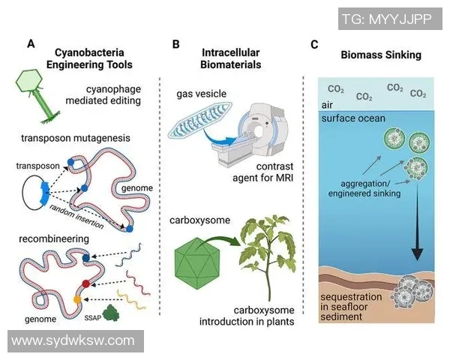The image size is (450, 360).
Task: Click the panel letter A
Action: (x=31, y=44)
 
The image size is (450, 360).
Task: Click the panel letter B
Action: (x=175, y=44)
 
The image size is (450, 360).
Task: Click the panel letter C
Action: (x=315, y=44)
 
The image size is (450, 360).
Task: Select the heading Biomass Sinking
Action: (x=380, y=55)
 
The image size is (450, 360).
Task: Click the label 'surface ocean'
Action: (x=352, y=118)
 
